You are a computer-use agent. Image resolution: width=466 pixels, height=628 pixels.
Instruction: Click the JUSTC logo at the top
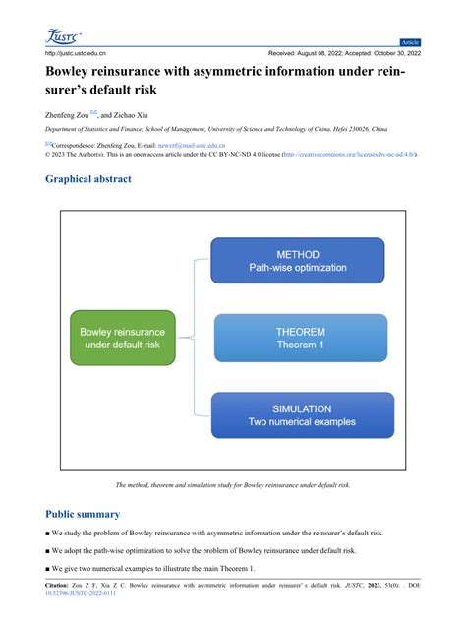pyautogui.click(x=65, y=36)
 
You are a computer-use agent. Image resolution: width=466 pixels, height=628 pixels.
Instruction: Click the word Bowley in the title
pyautogui.click(x=74, y=72)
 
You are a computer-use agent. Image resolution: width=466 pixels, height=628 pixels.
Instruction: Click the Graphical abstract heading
pyautogui.click(x=88, y=179)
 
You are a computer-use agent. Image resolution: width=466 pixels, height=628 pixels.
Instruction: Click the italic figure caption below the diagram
pyautogui.click(x=233, y=486)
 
